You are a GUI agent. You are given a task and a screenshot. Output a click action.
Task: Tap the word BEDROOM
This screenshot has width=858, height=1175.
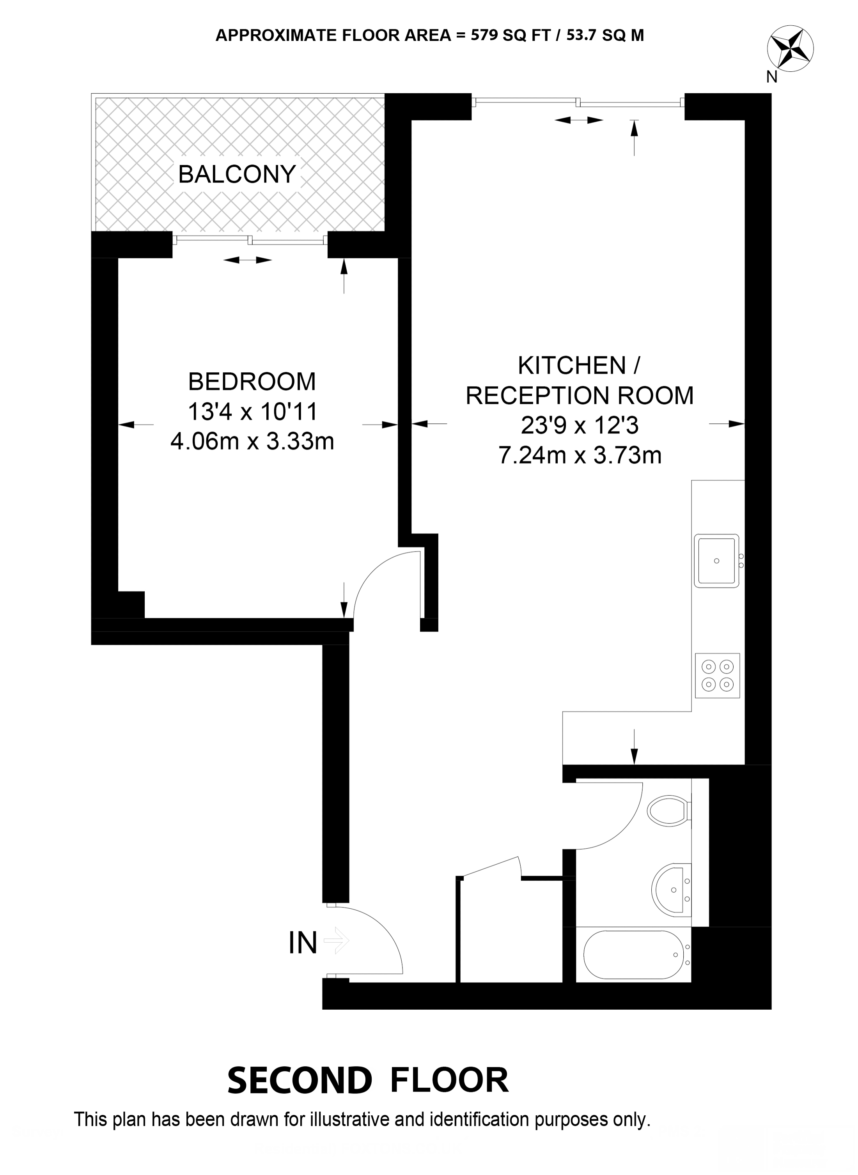point(252,382)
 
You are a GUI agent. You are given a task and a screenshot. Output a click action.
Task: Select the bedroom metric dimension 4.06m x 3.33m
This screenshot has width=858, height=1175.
point(252,441)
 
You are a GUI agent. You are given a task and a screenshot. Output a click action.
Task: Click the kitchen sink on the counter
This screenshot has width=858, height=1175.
point(717,561)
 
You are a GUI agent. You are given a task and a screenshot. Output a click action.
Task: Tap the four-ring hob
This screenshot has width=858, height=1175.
point(717,676)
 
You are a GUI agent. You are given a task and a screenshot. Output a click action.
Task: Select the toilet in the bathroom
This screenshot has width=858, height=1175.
point(670,810)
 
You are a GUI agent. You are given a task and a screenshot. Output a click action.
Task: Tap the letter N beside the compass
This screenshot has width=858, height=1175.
point(772,77)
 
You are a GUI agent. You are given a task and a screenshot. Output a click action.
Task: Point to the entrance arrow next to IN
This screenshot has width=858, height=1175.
point(336,940)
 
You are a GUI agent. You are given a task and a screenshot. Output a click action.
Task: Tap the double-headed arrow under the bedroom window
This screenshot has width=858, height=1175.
point(247,260)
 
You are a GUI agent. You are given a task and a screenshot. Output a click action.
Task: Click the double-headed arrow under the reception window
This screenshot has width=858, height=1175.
point(579,120)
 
